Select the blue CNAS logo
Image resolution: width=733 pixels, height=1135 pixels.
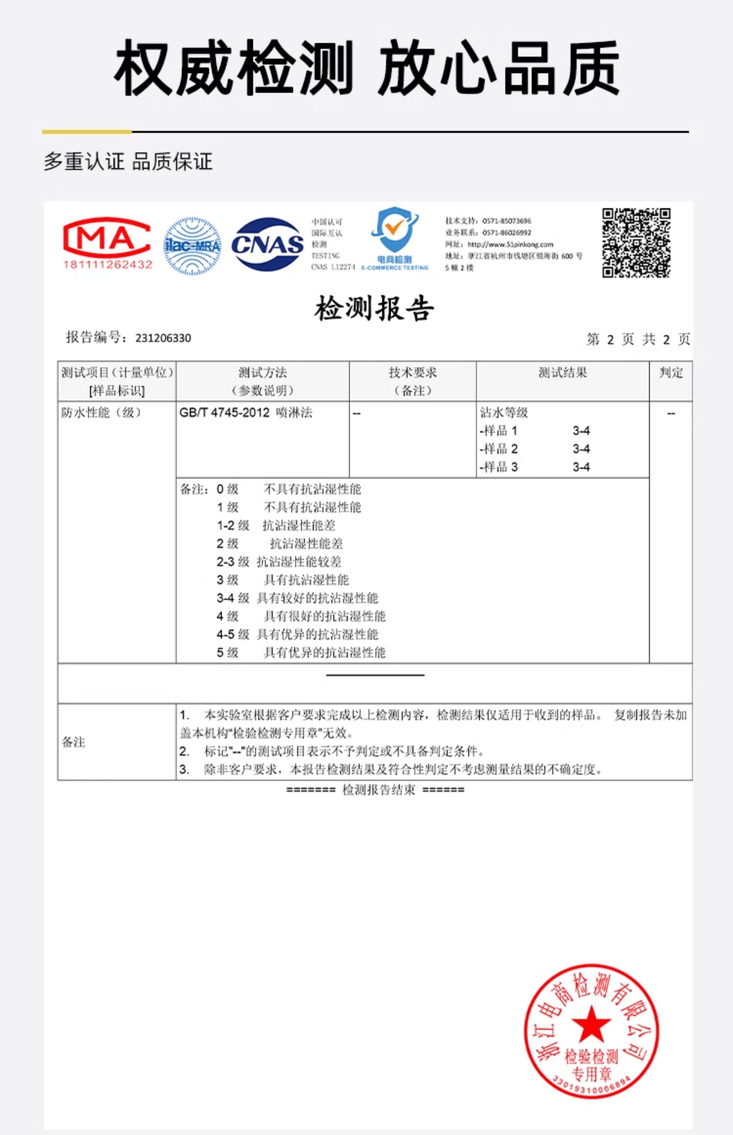pos(267,245)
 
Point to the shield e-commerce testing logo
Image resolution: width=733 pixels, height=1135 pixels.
pos(395,238)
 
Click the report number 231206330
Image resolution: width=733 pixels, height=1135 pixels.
pos(163,338)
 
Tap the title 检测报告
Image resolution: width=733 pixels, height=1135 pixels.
pos(374,308)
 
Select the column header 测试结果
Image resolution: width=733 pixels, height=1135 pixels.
pos(562,373)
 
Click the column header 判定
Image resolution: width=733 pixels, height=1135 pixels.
pos(671,373)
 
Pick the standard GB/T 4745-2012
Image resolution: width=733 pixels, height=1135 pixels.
pos(224,413)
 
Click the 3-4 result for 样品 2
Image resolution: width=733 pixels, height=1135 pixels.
pos(581,449)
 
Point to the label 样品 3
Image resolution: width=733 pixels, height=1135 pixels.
pos(499,467)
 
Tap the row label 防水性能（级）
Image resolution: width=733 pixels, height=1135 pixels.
pos(101,413)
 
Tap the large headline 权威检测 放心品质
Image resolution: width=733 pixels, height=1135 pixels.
pos(367,68)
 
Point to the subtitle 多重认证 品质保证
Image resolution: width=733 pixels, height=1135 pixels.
pos(128,162)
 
